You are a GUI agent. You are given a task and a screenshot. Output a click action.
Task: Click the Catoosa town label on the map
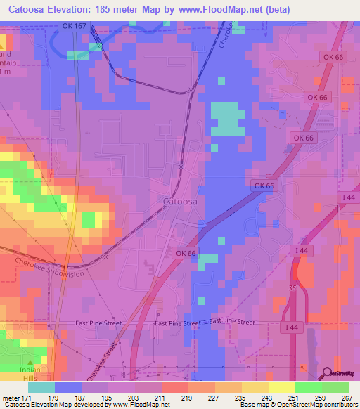181,201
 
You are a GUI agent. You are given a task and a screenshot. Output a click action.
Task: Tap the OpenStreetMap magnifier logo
328,373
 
